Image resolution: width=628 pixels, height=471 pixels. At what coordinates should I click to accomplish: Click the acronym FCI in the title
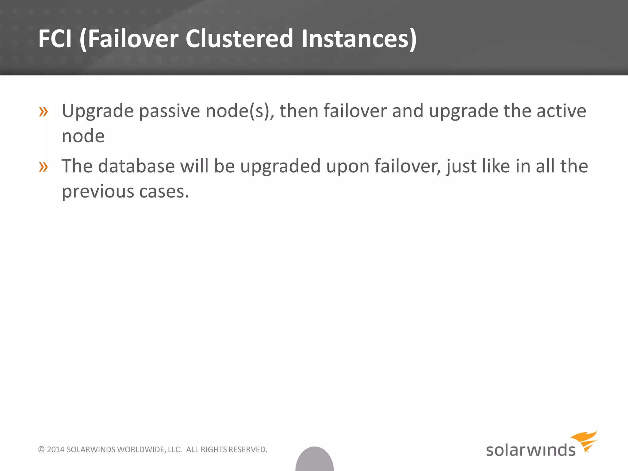point(55,39)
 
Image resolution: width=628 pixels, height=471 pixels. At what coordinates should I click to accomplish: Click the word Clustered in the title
point(239,39)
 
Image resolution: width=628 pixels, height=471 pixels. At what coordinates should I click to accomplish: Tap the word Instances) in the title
point(359,39)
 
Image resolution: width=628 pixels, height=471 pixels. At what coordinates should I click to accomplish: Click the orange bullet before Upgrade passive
point(44,112)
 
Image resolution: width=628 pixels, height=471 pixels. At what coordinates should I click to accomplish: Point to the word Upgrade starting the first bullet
point(98,111)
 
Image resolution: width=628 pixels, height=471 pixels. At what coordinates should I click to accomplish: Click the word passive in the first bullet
point(169,111)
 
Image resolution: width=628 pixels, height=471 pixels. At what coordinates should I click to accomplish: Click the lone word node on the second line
point(83,136)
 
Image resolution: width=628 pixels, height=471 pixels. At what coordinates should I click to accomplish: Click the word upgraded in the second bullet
point(280,167)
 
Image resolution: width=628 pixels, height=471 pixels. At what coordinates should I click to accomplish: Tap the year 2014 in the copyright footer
point(56,450)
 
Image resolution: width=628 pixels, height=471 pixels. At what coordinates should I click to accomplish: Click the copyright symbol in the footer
point(41,450)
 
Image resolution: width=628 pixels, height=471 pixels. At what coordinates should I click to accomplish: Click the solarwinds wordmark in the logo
point(530,450)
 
